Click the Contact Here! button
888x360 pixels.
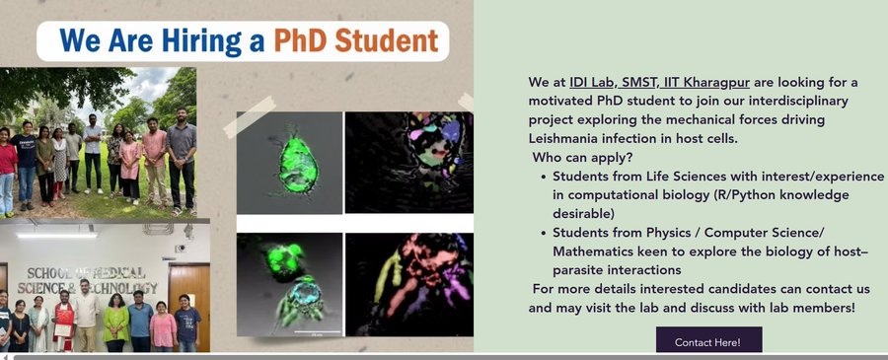(708, 341)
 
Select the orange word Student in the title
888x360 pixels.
(387, 40)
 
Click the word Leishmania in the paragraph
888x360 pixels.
(561, 139)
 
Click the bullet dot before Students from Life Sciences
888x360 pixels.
(543, 178)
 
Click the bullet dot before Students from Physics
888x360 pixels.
(543, 233)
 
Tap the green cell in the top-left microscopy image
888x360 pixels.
(298, 166)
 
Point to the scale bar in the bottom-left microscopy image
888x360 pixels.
(317, 331)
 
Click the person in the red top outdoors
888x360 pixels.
(7, 171)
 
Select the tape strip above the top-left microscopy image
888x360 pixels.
(250, 116)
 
